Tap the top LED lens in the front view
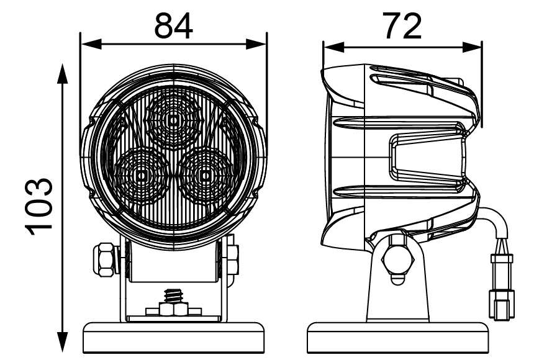coord(174,118)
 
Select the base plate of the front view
coord(174,335)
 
